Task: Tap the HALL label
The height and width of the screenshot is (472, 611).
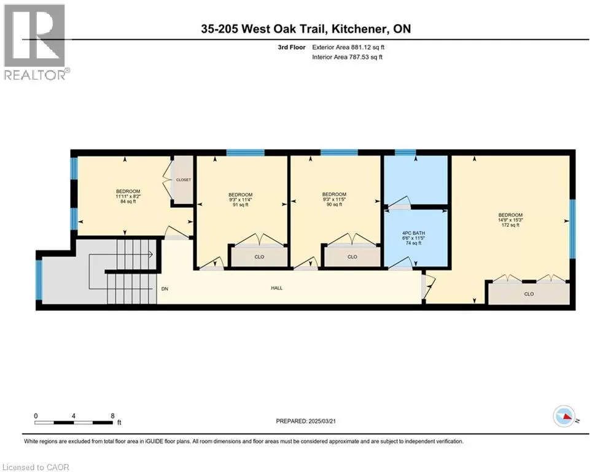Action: click(x=277, y=288)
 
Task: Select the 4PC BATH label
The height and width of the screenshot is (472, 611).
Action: click(x=413, y=238)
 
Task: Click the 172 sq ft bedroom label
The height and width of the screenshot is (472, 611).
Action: click(x=510, y=219)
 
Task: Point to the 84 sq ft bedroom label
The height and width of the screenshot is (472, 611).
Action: click(x=128, y=196)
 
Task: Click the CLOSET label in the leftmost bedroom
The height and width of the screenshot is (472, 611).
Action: click(x=184, y=180)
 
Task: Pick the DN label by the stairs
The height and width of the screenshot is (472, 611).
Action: click(x=165, y=289)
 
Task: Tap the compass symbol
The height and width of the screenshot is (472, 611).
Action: click(x=564, y=417)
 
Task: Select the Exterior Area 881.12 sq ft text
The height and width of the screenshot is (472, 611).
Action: click(x=348, y=47)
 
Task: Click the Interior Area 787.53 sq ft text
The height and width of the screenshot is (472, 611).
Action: click(x=347, y=57)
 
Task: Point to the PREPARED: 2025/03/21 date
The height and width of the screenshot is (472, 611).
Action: click(x=306, y=421)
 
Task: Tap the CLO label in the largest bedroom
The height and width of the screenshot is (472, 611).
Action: click(x=529, y=294)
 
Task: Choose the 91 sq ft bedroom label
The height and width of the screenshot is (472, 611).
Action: click(x=241, y=199)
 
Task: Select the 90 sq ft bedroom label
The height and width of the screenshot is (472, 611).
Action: click(x=334, y=199)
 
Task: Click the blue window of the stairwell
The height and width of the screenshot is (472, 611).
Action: click(x=39, y=280)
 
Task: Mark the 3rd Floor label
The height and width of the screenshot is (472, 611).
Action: click(x=292, y=47)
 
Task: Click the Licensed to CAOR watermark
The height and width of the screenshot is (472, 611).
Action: click(x=36, y=467)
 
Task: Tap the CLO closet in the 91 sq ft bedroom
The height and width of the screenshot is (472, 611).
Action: click(x=259, y=257)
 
